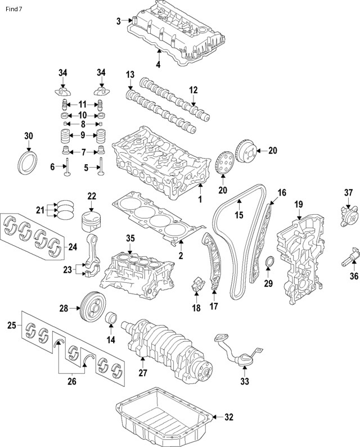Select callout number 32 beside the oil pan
[228, 417]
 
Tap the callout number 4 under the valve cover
[158, 65]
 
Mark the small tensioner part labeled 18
[196, 286]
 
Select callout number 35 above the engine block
[130, 238]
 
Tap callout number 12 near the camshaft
[193, 89]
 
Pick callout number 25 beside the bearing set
[11, 326]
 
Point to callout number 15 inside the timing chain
[238, 214]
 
